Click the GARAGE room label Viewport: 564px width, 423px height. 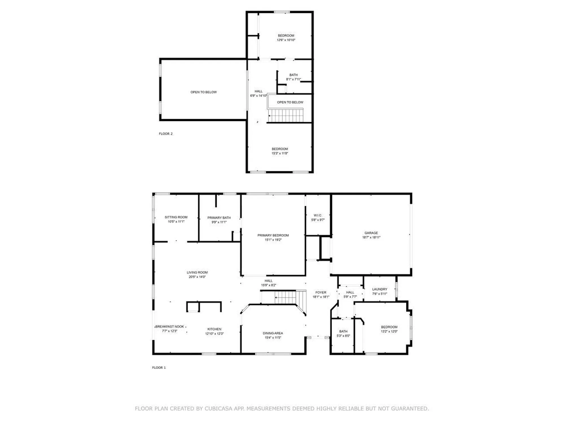[371, 233]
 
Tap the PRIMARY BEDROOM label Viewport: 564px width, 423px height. [273, 235]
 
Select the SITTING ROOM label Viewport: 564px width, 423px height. [176, 217]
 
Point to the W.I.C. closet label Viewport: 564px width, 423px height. [318, 215]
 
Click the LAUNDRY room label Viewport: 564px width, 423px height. [380, 289]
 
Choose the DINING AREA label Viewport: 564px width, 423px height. [273, 333]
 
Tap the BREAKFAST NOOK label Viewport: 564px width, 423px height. [170, 327]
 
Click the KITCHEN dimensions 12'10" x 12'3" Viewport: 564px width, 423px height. [214, 334]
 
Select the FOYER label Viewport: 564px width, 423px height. [321, 292]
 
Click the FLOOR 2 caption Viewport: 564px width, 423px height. [166, 134]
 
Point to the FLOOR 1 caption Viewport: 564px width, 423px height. [159, 367]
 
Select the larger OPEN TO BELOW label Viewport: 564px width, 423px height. [204, 92]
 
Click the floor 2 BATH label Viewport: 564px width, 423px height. [293, 75]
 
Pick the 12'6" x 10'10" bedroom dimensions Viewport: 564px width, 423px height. [286, 40]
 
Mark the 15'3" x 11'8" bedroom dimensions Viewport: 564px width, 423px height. [280, 153]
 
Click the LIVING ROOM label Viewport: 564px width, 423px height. [197, 272]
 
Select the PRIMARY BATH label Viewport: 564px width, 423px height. [219, 218]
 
